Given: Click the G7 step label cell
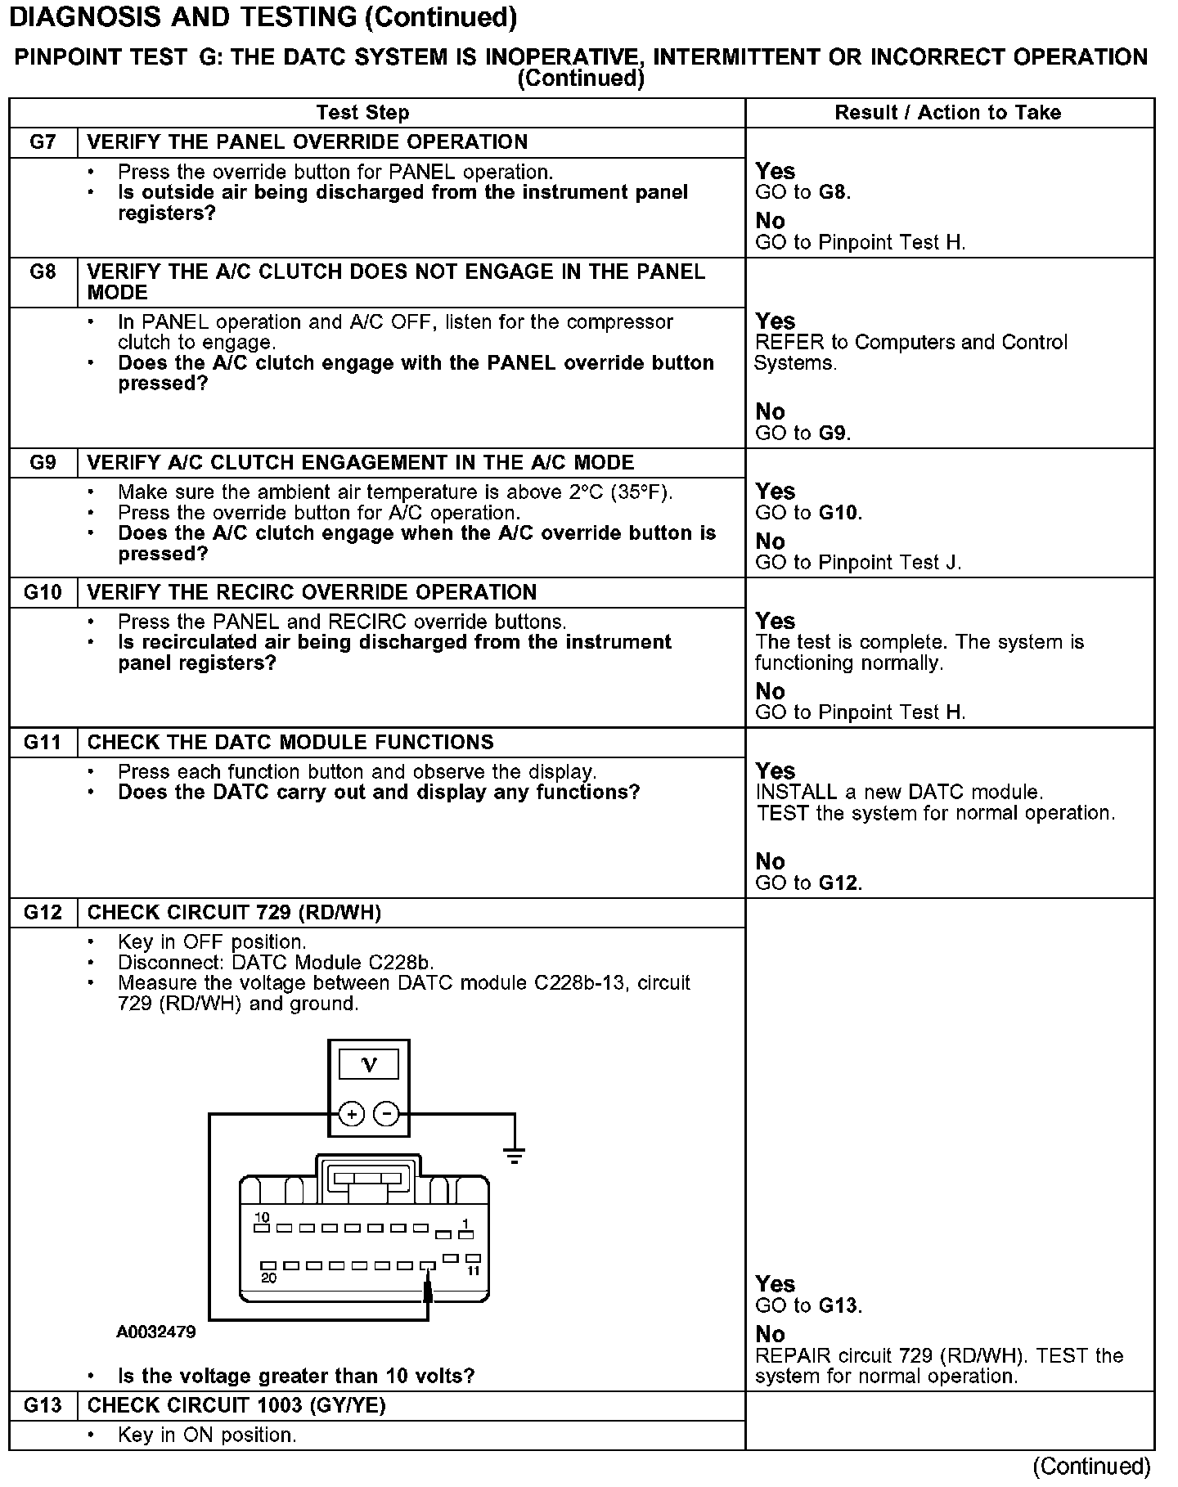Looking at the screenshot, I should tap(43, 142).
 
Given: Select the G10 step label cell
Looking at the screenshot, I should tap(43, 592).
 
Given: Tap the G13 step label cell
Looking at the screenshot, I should tap(43, 1405).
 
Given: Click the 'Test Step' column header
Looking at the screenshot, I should tap(362, 113).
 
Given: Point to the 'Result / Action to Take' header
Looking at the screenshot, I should tap(947, 113).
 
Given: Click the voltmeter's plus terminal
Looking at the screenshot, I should tap(351, 1114).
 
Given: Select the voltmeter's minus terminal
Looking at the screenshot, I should tap(386, 1114).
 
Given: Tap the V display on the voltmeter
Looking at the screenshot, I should tap(369, 1065).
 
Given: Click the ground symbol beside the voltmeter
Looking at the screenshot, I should tap(514, 1155).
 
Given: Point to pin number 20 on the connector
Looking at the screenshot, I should tap(268, 1278).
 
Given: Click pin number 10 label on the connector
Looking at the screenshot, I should tap(262, 1217).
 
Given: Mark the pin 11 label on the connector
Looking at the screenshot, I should tap(473, 1271).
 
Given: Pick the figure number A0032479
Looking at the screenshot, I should tap(155, 1332).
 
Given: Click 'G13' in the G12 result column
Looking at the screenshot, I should tap(839, 1305).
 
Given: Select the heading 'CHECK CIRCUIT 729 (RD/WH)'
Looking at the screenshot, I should tap(234, 913).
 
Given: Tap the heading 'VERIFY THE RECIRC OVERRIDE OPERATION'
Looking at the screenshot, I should tap(312, 592).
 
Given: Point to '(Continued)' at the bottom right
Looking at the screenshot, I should tap(1091, 1467).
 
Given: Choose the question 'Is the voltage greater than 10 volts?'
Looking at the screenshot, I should tap(296, 1376).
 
